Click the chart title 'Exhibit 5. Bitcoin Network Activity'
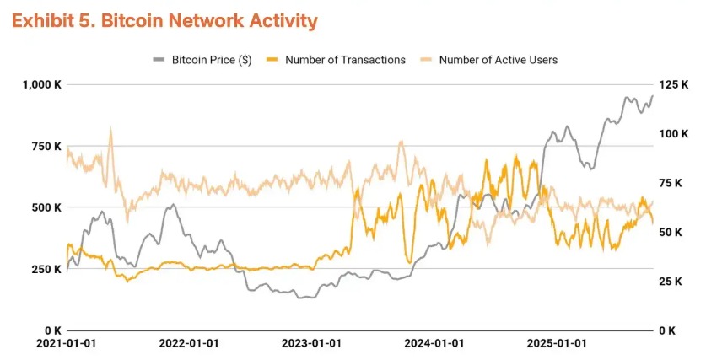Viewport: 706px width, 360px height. [164, 21]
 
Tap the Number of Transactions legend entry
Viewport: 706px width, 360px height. [345, 60]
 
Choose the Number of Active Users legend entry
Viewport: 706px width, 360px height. [498, 60]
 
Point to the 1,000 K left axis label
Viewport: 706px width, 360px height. [40, 84]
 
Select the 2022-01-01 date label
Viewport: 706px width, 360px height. [188, 344]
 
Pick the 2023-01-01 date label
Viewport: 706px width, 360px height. [311, 344]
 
